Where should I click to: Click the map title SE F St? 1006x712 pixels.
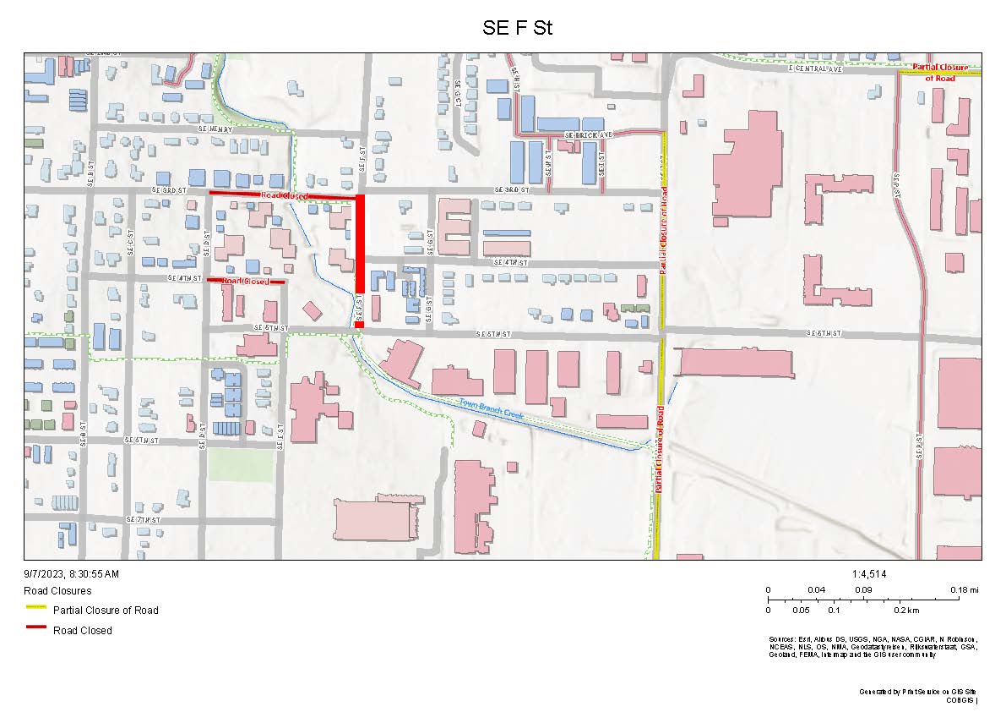click(517, 27)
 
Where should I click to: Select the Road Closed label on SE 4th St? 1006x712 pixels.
click(246, 281)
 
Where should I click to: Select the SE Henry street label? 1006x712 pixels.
click(215, 129)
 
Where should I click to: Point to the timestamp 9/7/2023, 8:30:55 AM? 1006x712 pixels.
click(72, 574)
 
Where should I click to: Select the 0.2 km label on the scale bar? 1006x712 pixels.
click(906, 610)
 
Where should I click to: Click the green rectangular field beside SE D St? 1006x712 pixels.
click(241, 464)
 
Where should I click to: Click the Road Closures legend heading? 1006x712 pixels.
click(57, 591)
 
